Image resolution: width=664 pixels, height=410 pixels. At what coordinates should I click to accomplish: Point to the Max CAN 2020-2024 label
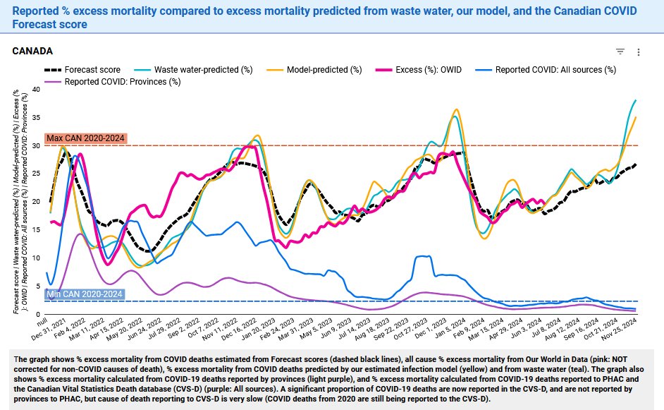tap(85, 138)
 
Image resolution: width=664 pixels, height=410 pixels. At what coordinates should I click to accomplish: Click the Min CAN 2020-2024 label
tap(84, 294)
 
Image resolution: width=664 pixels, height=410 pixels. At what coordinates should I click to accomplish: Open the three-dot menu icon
tap(639, 52)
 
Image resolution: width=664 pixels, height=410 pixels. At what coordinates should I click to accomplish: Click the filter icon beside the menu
tap(620, 52)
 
